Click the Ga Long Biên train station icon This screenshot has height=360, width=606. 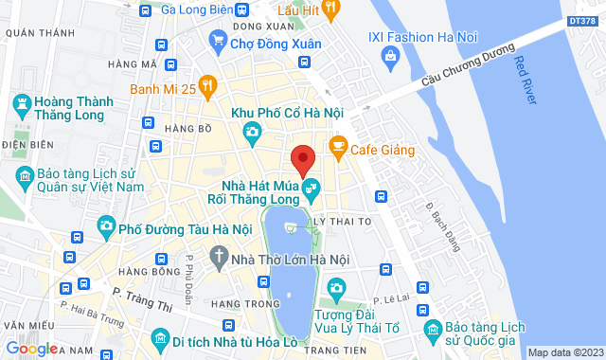pos(145,11)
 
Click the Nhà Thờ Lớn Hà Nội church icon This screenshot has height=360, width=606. pos(219,256)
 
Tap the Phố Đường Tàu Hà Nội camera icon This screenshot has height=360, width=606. pos(105,227)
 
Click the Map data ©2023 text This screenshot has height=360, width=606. pos(564,352)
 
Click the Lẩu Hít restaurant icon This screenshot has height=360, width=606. pos(330,9)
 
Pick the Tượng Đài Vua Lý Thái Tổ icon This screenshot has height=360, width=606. pos(334,288)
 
